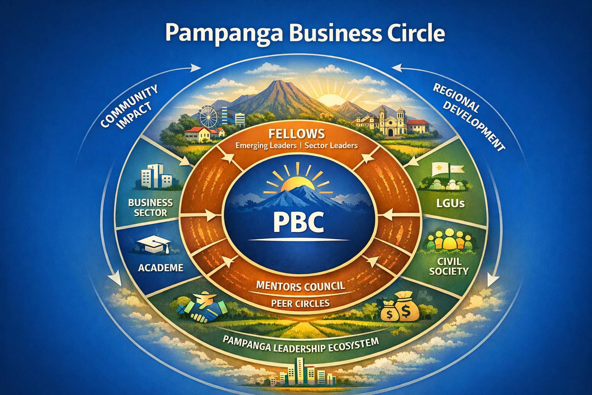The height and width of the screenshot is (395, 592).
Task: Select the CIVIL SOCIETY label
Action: [x=449, y=266]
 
